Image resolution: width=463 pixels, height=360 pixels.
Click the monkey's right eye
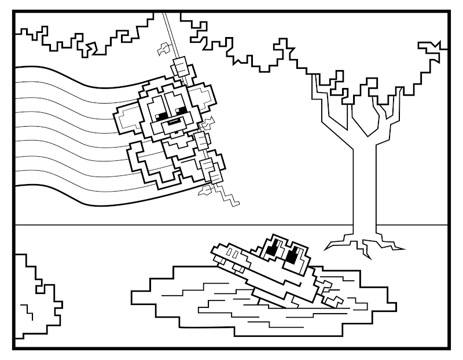(182, 110)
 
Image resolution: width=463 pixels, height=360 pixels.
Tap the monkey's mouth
(174, 123)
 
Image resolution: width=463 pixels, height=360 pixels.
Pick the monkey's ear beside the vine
(200, 95)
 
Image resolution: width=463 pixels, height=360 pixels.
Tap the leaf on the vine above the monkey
(164, 48)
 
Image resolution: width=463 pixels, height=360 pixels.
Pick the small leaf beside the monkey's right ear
(206, 123)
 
